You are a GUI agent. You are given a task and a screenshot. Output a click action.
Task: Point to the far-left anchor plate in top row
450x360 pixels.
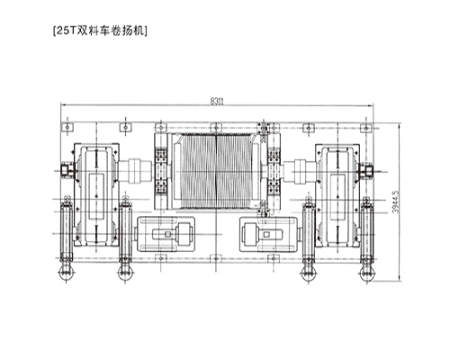[66, 129]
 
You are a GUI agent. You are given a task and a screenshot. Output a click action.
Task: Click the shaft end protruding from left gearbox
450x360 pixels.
[65, 170]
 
